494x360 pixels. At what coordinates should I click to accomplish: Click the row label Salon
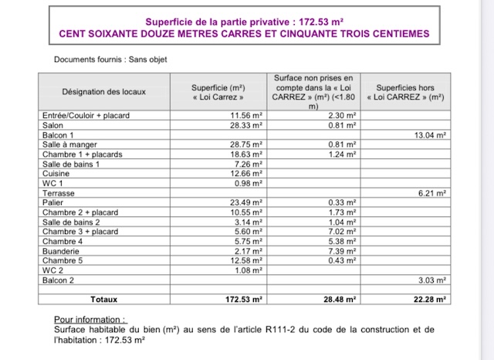[x=53, y=125]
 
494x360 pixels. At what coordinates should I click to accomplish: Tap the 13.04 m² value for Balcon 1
[x=431, y=134]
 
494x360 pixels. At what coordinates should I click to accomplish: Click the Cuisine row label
[x=56, y=174]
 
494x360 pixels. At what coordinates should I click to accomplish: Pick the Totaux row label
[x=105, y=298]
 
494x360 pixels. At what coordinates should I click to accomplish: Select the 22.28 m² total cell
[x=429, y=298]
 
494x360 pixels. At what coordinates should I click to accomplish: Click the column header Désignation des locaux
[x=104, y=92]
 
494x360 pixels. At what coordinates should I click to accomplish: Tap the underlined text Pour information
[x=90, y=319]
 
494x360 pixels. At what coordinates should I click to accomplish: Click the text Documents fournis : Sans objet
[x=110, y=59]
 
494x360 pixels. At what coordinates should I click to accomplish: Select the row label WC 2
[x=52, y=270]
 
